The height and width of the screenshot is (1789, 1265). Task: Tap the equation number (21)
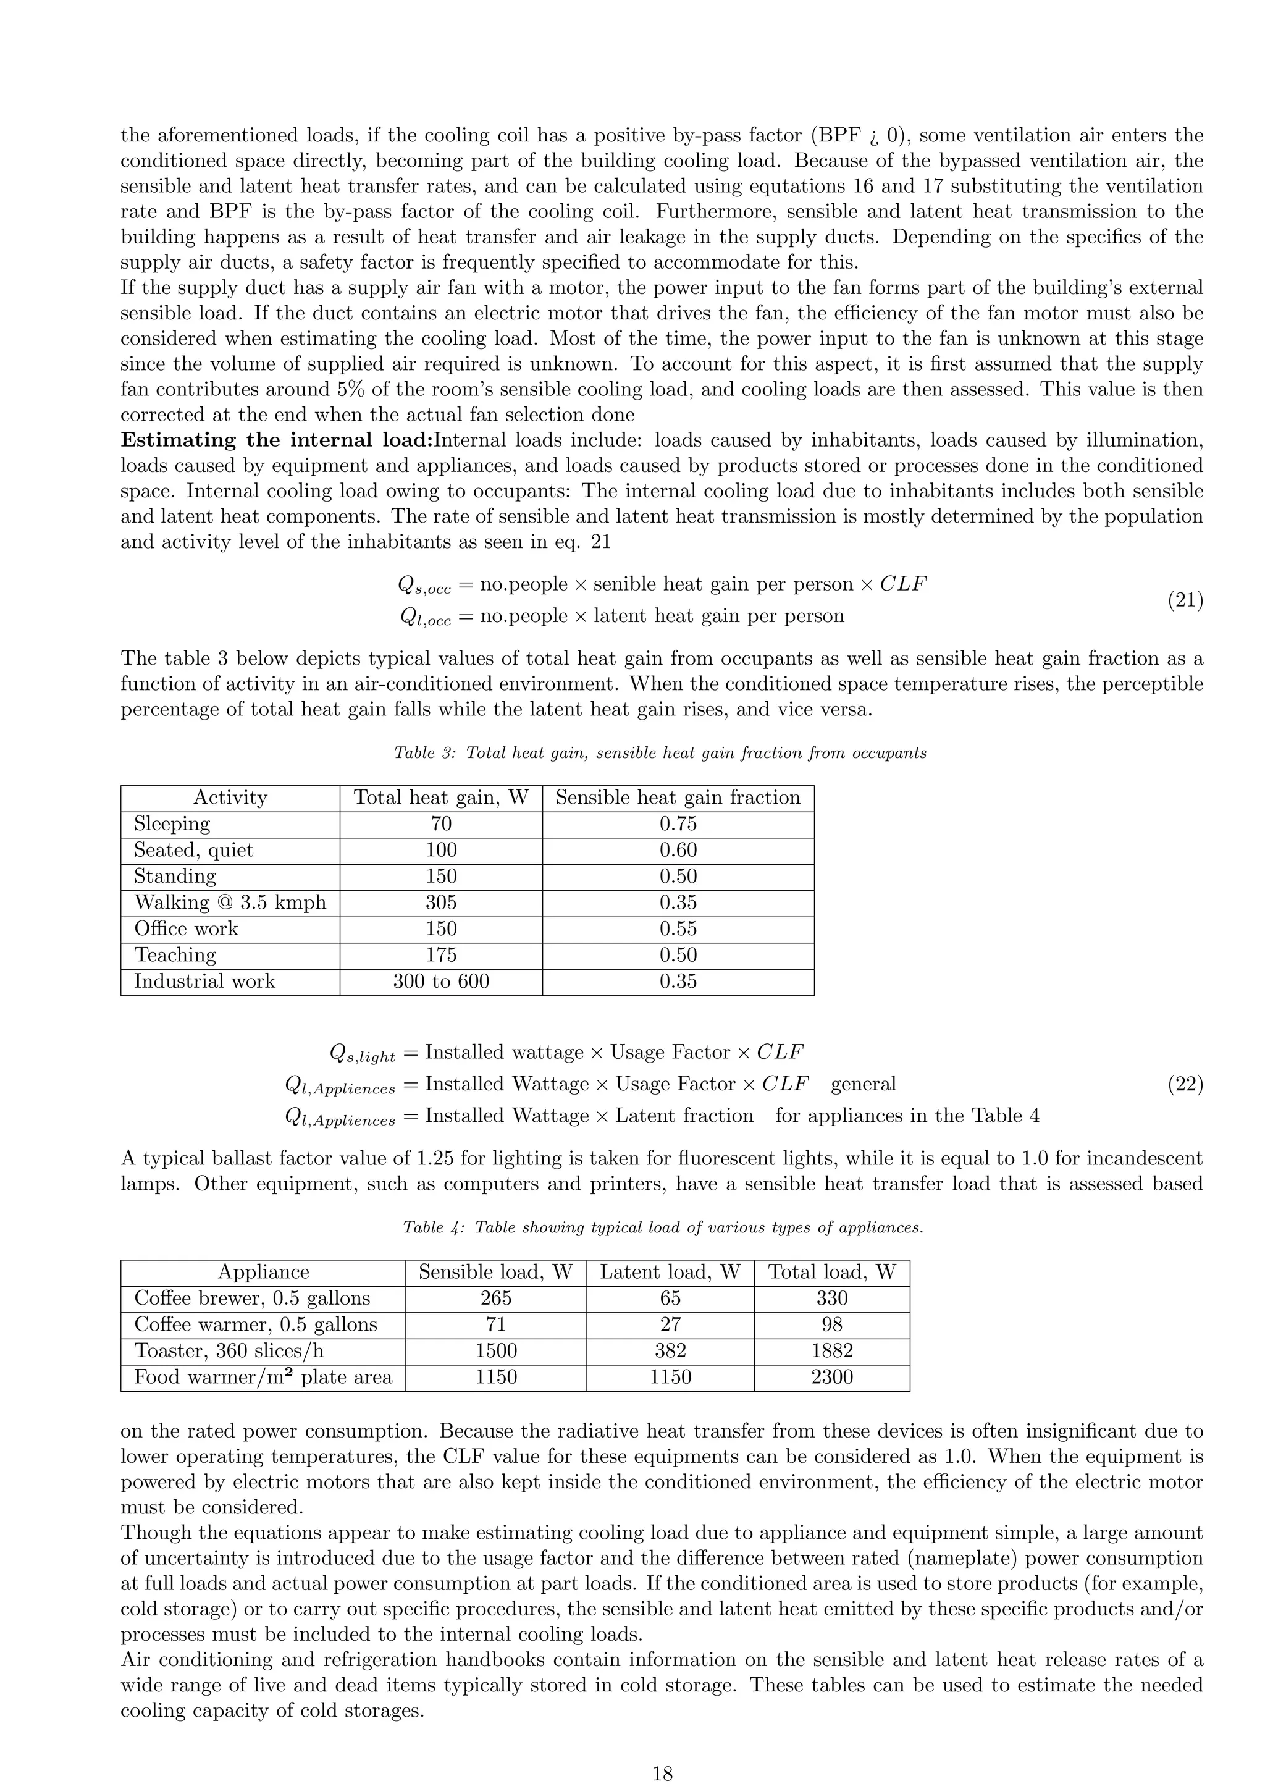[x=1185, y=600]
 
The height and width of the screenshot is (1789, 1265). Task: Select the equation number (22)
[x=1185, y=1085]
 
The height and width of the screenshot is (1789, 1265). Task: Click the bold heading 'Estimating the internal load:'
[x=277, y=440]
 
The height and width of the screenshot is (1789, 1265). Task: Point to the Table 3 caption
[x=660, y=752]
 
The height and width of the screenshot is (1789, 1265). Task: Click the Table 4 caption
[x=663, y=1227]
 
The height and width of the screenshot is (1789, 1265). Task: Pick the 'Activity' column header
[x=230, y=798]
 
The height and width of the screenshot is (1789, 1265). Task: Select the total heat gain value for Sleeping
[x=441, y=824]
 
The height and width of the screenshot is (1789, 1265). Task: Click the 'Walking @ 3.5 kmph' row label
[x=230, y=903]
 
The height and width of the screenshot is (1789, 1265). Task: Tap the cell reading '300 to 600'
[x=441, y=982]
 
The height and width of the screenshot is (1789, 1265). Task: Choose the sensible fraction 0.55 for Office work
[x=678, y=928]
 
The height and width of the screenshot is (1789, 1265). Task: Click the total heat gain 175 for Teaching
[x=441, y=955]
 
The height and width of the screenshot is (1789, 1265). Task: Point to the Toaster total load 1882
[x=831, y=1351]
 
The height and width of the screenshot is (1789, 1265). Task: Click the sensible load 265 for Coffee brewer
[x=495, y=1299]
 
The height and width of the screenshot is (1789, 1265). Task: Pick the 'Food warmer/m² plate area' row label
[x=263, y=1378]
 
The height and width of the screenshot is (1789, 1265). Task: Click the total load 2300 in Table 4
[x=831, y=1378]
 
